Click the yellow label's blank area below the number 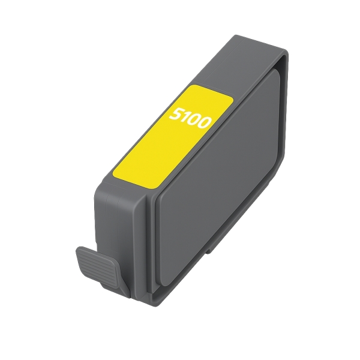click(x=156, y=153)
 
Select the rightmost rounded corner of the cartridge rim click(x=287, y=60)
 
